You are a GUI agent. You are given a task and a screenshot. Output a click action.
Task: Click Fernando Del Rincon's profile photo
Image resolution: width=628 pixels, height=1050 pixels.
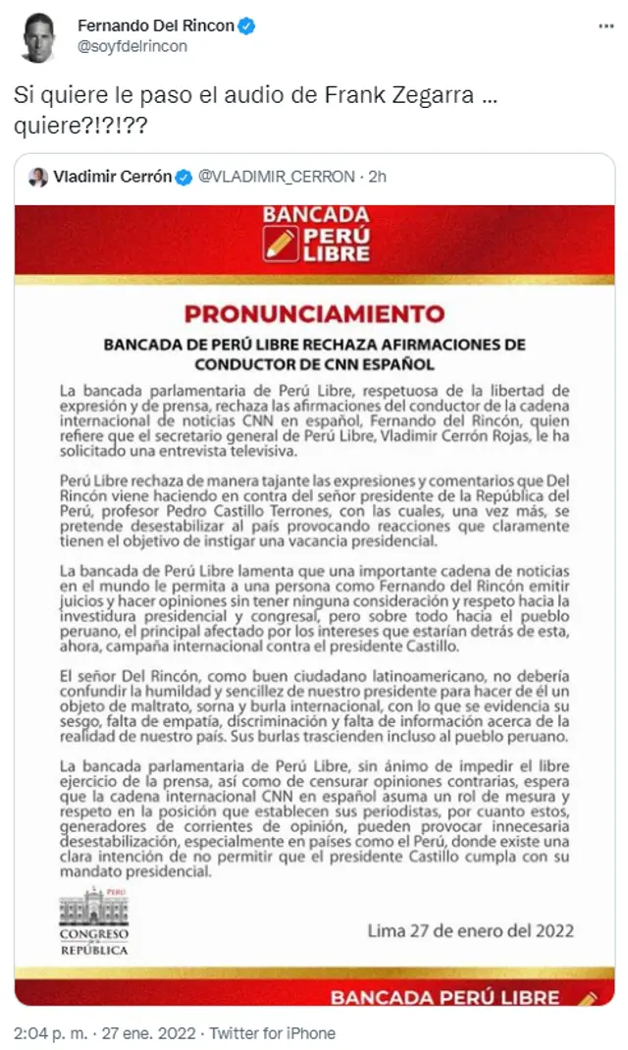click(39, 36)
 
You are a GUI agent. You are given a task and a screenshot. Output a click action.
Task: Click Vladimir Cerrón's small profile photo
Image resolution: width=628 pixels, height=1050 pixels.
click(38, 177)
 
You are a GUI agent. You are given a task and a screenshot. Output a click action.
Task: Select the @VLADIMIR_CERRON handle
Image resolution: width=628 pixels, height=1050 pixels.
click(276, 177)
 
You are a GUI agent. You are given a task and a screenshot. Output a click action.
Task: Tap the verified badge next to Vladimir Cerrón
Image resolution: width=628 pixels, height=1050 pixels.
click(183, 177)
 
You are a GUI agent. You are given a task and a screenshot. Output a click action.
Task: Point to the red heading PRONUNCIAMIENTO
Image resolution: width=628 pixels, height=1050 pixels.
click(315, 315)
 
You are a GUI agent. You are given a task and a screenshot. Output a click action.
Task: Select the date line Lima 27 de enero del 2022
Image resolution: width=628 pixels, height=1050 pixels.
click(470, 930)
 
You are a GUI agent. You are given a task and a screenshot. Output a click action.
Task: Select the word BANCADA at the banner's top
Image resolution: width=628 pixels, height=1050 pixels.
click(315, 215)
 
